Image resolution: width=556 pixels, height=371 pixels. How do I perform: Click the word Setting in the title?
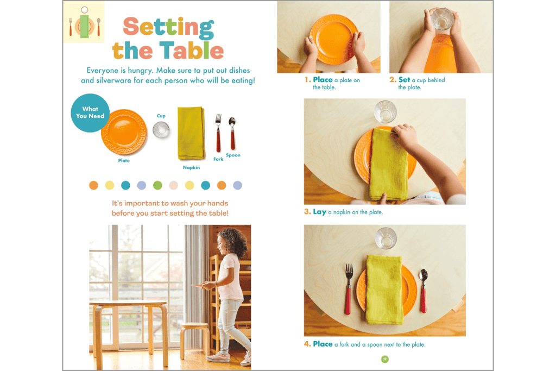(168, 27)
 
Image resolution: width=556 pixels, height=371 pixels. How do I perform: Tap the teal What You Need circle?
(90, 112)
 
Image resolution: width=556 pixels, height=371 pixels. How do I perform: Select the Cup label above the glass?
(161, 116)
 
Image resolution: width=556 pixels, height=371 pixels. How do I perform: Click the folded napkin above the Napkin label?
(191, 133)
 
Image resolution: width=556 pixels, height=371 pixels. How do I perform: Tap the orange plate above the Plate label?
(124, 133)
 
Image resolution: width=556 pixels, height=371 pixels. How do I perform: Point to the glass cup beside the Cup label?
(161, 130)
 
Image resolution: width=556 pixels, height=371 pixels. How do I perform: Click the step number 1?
(307, 80)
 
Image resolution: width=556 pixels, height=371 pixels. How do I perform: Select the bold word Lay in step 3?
(319, 212)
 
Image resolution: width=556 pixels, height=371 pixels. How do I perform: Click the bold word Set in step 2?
(404, 80)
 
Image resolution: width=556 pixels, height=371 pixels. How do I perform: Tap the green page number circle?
(384, 359)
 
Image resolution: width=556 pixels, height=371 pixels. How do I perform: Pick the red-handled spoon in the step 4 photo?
(423, 291)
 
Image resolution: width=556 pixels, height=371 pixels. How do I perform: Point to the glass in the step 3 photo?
(386, 112)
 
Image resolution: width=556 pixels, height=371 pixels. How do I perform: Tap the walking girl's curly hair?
(235, 239)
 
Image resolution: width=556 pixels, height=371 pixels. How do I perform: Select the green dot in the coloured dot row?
(157, 185)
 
